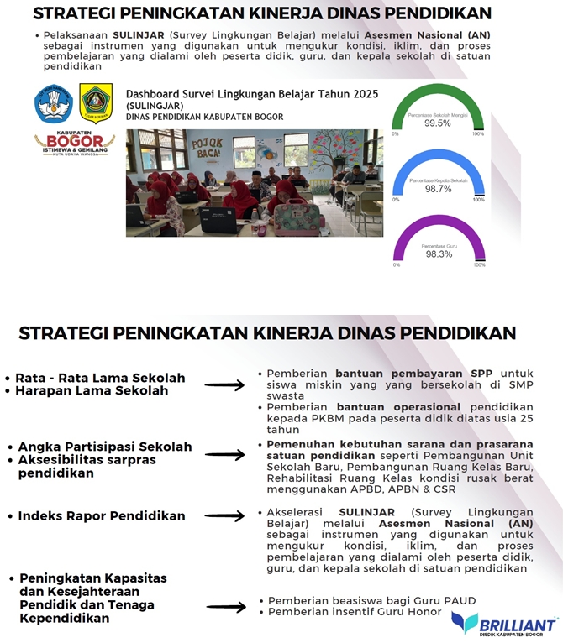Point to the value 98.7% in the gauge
tap(438, 189)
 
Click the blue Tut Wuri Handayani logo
tap(54, 104)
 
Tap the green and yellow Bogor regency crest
tap(95, 104)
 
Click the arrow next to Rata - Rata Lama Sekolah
tap(224, 385)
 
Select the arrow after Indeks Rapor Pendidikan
tap(224, 516)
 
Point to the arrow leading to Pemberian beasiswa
tap(224, 606)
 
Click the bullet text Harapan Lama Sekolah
tap(92, 390)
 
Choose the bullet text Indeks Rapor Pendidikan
tap(102, 515)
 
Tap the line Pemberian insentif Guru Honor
tap(352, 613)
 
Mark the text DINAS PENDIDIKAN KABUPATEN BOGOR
tap(204, 117)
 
